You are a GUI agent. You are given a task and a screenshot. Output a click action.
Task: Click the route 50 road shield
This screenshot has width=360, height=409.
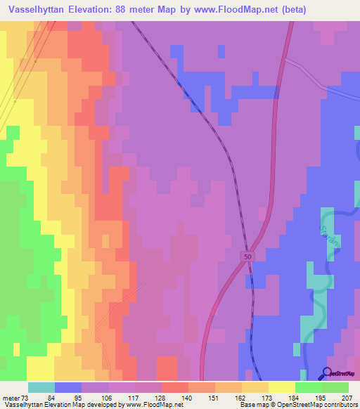[x=247, y=257]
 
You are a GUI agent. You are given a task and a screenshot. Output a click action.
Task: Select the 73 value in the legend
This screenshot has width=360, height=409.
[x=25, y=398]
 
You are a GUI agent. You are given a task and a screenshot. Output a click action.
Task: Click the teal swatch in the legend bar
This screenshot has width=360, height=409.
[x=41, y=387]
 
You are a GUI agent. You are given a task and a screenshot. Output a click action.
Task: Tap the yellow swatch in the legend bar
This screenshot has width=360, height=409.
[x=281, y=387]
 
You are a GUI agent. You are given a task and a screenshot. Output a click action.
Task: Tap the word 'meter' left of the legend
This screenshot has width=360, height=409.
[x=10, y=398]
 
